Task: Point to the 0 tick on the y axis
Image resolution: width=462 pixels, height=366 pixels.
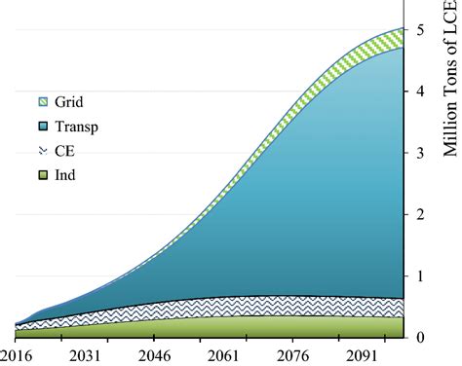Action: click(419, 338)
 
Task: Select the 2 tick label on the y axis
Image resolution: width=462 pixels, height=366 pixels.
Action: click(419, 214)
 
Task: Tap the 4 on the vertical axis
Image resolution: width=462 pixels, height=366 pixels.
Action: click(419, 91)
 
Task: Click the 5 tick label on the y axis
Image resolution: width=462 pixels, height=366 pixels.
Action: click(419, 30)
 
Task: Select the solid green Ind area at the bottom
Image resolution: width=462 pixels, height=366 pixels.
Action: click(244, 328)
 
